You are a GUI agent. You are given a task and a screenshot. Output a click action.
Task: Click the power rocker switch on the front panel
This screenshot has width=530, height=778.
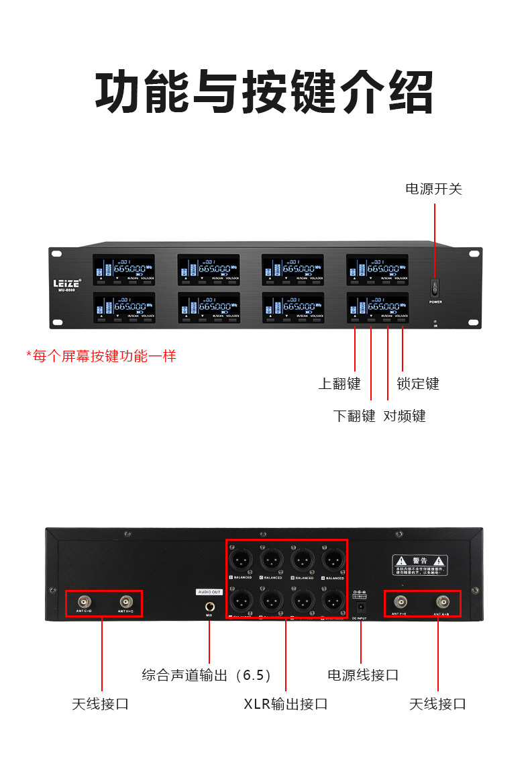[435, 288]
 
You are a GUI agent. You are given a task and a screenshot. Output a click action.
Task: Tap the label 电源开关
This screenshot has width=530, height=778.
[433, 189]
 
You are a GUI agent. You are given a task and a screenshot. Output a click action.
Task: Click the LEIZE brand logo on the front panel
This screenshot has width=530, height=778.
[67, 283]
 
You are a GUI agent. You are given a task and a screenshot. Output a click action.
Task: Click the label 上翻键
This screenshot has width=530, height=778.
[339, 384]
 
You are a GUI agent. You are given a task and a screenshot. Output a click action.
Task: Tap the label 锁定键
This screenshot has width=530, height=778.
[418, 384]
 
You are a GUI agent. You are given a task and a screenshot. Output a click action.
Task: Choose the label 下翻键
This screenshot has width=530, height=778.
[354, 416]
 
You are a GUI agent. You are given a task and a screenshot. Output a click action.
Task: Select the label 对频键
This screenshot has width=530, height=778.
[405, 416]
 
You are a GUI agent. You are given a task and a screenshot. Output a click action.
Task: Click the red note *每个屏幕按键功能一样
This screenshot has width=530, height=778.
[101, 356]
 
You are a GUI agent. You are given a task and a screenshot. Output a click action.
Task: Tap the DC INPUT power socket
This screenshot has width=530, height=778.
[360, 605]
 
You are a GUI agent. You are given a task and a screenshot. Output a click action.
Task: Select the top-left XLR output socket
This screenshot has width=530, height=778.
[241, 560]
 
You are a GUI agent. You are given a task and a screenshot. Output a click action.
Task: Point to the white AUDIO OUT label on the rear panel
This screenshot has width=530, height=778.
[209, 592]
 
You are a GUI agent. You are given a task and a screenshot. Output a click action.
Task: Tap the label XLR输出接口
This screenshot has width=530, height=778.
[285, 704]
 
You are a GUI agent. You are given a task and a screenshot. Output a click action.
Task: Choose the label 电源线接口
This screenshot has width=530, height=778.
[363, 675]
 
